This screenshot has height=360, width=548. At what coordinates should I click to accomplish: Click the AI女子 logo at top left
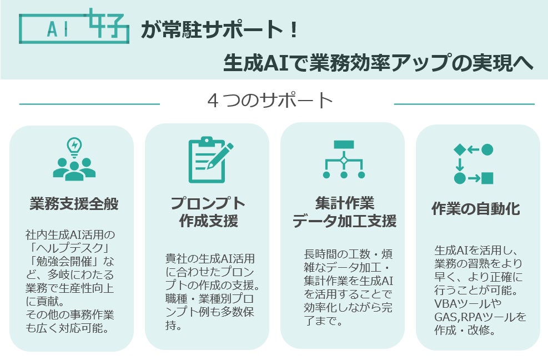click(x=74, y=26)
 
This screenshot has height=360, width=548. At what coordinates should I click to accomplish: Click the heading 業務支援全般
click(x=74, y=204)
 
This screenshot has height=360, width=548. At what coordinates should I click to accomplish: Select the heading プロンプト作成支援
click(x=208, y=212)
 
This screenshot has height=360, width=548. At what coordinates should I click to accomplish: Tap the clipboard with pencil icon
click(x=209, y=159)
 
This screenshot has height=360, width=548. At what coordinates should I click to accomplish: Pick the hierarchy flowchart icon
click(x=344, y=159)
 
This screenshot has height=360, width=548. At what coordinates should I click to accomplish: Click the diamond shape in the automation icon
click(x=459, y=149)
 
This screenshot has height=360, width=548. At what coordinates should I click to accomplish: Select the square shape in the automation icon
click(x=487, y=178)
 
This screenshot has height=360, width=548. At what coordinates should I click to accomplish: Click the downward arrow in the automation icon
click(x=459, y=164)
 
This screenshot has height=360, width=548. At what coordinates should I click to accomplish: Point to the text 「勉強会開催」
click(x=62, y=261)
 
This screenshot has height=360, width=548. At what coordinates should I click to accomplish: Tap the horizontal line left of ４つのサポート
click(x=89, y=103)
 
